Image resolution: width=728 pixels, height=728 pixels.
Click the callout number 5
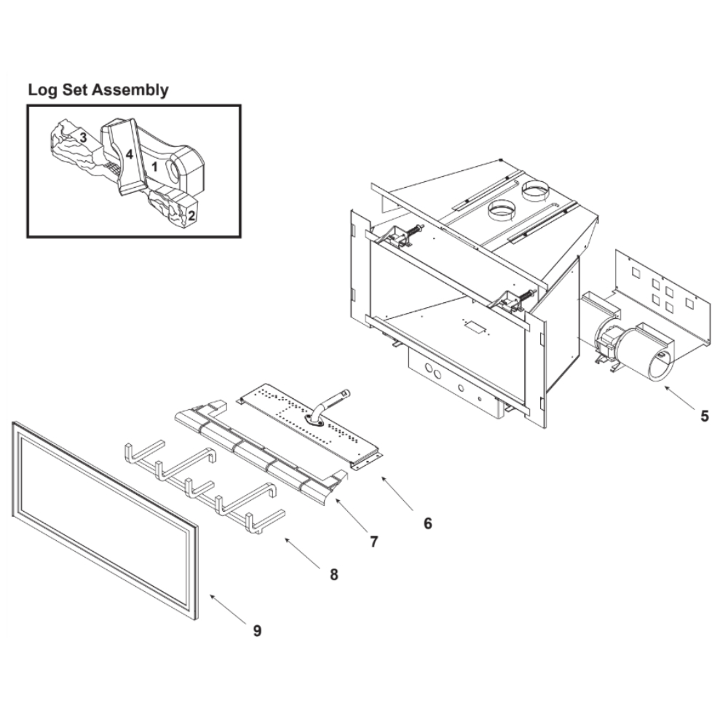pyautogui.click(x=704, y=416)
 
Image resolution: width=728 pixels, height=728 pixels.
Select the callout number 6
pyautogui.click(x=427, y=523)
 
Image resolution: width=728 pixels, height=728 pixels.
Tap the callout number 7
pyautogui.click(x=373, y=542)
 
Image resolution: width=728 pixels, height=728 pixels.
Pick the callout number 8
pyautogui.click(x=334, y=575)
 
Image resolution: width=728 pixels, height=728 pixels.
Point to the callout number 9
pyautogui.click(x=257, y=630)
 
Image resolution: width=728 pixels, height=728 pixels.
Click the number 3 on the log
pyautogui.click(x=83, y=138)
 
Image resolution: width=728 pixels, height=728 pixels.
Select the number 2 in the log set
pyautogui.click(x=191, y=215)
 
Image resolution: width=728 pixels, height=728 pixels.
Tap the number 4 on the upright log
pyautogui.click(x=130, y=154)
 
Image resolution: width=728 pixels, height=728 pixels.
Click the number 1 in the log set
pyautogui.click(x=155, y=166)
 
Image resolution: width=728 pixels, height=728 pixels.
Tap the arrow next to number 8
pyautogui.click(x=302, y=553)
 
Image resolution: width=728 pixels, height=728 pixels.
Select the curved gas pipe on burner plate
pyautogui.click(x=328, y=404)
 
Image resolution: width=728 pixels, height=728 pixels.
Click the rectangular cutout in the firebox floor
pyautogui.click(x=475, y=327)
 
